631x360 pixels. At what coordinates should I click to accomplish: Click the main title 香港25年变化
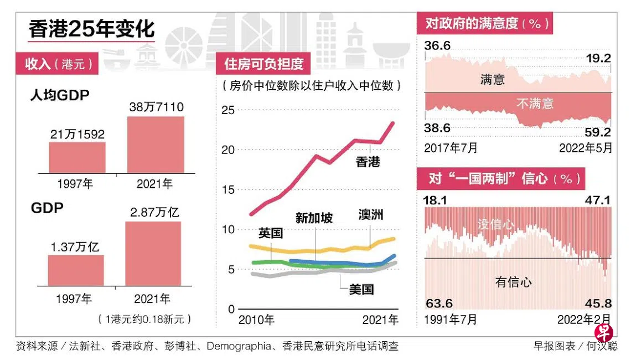click(92, 29)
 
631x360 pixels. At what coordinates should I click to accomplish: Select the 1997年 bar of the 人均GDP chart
click(77, 157)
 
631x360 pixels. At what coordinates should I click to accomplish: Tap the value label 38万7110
click(156, 107)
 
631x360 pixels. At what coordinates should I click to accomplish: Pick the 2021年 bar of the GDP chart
click(153, 254)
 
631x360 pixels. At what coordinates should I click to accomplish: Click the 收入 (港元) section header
click(58, 63)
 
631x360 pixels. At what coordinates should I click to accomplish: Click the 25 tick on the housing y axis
click(228, 110)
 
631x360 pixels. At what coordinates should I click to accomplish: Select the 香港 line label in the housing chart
click(368, 162)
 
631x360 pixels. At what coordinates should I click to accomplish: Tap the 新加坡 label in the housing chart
click(314, 218)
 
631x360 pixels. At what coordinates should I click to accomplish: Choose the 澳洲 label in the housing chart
click(370, 214)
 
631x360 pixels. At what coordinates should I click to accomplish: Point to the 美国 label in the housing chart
click(361, 289)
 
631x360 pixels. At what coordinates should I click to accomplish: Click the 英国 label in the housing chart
click(270, 233)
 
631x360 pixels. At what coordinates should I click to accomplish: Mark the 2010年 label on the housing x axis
click(256, 320)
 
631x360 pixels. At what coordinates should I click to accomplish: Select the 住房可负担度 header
click(264, 64)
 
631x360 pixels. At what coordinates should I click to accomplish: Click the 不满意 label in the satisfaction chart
click(535, 104)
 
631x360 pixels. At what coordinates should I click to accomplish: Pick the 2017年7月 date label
click(451, 148)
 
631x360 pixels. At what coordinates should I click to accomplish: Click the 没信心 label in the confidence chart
click(495, 224)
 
